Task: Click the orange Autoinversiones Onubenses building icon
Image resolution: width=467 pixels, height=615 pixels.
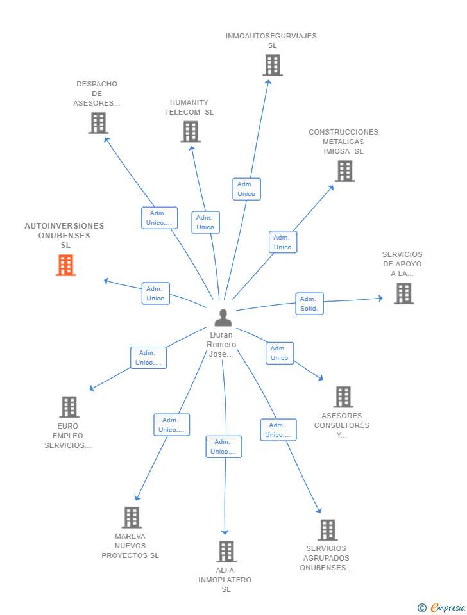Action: (x=65, y=265)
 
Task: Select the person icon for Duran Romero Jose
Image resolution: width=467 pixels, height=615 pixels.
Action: (x=223, y=318)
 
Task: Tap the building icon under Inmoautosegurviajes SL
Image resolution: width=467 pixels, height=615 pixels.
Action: (x=272, y=65)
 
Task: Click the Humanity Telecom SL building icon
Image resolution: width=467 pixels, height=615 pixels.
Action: (x=191, y=132)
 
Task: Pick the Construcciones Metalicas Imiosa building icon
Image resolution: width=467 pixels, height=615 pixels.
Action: (x=344, y=171)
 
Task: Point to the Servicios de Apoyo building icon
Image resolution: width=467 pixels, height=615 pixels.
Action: (x=403, y=293)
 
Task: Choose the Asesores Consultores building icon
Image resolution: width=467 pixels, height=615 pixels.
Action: (x=343, y=397)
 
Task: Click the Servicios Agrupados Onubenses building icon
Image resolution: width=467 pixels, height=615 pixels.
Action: (x=327, y=530)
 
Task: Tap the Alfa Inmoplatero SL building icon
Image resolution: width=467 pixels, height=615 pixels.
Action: (x=226, y=552)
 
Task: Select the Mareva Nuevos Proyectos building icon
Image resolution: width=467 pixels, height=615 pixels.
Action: (x=132, y=518)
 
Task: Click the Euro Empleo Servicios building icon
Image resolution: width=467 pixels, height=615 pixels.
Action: (x=69, y=407)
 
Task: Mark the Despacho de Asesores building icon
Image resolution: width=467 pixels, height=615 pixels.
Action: (x=98, y=123)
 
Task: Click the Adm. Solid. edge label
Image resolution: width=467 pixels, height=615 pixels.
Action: (x=309, y=304)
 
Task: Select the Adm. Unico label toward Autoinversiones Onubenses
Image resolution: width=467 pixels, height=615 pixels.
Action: (x=155, y=293)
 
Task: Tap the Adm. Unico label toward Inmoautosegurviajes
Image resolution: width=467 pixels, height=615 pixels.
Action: (x=246, y=189)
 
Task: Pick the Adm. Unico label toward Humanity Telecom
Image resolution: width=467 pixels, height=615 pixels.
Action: (x=205, y=222)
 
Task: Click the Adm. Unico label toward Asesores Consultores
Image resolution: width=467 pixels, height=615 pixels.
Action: (x=280, y=353)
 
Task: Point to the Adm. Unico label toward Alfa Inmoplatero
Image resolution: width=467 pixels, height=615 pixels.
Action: (x=223, y=447)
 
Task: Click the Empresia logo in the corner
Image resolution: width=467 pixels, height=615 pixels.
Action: (x=442, y=607)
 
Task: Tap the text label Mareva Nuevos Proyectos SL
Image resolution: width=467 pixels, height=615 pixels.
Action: (x=130, y=546)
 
